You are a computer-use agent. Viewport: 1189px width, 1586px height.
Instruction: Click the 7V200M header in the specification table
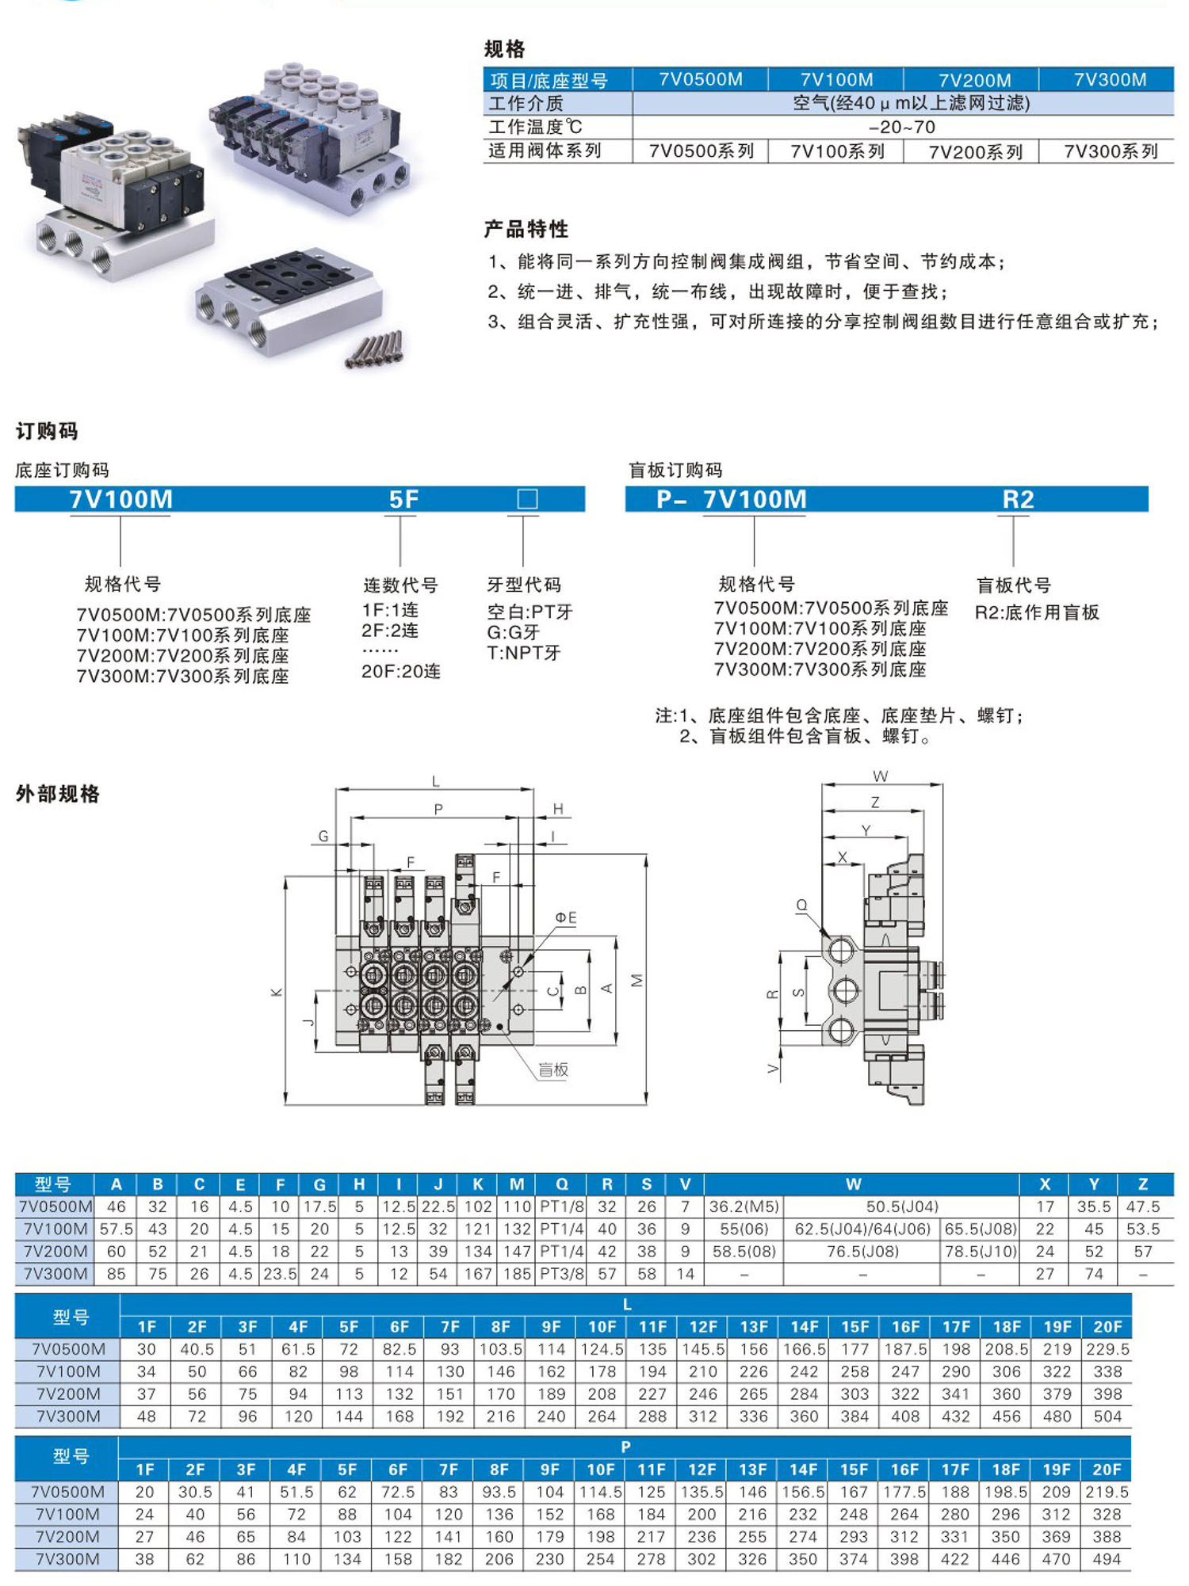(974, 80)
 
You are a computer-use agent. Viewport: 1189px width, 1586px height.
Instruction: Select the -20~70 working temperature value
(902, 128)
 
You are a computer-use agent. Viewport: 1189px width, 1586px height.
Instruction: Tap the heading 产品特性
(526, 230)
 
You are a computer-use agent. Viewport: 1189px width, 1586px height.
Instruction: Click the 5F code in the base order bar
(403, 499)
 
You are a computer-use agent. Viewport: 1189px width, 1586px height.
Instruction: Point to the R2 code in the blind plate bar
(1018, 499)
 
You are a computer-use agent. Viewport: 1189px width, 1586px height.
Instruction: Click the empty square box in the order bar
(527, 499)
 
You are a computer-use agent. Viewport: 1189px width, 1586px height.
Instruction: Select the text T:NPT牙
(523, 654)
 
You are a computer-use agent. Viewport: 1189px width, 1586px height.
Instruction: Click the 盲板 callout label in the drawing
(553, 1070)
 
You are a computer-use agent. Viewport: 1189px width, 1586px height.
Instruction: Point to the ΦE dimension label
(565, 918)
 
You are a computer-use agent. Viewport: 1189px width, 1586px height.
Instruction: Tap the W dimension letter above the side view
(880, 776)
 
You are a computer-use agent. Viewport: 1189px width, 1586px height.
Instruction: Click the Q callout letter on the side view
(801, 905)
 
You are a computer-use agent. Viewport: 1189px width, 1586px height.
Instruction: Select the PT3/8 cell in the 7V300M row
(561, 1274)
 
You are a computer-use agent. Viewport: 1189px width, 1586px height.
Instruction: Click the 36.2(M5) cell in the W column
(744, 1207)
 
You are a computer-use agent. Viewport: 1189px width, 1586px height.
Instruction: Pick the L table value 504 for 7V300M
(1107, 1416)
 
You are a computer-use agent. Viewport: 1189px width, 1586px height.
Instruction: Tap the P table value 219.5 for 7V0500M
(1107, 1493)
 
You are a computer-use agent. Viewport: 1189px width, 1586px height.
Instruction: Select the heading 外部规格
(58, 795)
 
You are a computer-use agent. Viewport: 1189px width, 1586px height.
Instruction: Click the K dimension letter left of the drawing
(277, 992)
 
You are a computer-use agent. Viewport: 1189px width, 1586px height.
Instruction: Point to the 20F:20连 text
(401, 672)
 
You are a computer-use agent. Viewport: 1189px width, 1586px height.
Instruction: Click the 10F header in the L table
(602, 1327)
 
